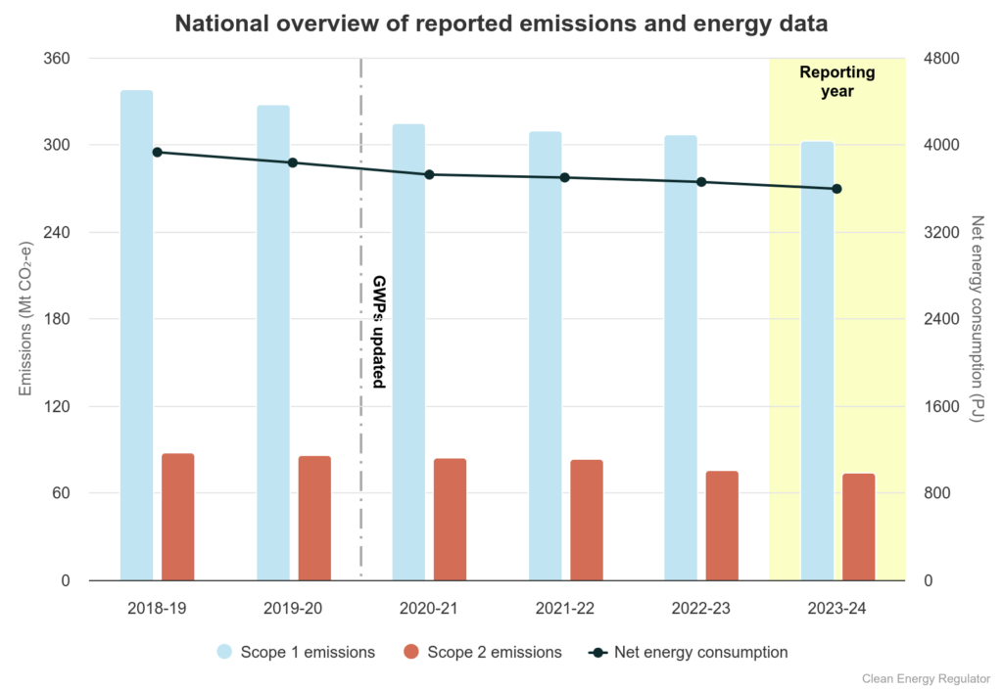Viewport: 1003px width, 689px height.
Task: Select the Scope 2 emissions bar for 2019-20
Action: (x=314, y=518)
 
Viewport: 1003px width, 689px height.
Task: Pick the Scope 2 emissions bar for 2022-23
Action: (x=722, y=526)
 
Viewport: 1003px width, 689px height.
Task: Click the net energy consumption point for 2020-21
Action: (x=429, y=174)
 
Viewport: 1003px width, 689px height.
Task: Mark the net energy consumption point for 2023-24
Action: (x=837, y=189)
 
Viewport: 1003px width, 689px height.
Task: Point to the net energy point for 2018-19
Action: (x=157, y=152)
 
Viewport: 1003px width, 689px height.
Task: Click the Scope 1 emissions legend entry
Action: (x=295, y=652)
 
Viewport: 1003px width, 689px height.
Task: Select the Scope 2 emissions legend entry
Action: (x=482, y=652)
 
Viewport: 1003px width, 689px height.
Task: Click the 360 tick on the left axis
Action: (x=57, y=59)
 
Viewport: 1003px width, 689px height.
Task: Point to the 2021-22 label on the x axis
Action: (x=565, y=608)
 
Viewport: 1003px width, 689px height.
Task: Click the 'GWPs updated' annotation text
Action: (x=379, y=332)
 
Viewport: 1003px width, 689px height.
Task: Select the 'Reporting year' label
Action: (x=837, y=82)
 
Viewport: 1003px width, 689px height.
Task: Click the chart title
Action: (x=501, y=23)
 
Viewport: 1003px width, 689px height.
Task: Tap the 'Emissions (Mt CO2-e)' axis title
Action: (x=26, y=318)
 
